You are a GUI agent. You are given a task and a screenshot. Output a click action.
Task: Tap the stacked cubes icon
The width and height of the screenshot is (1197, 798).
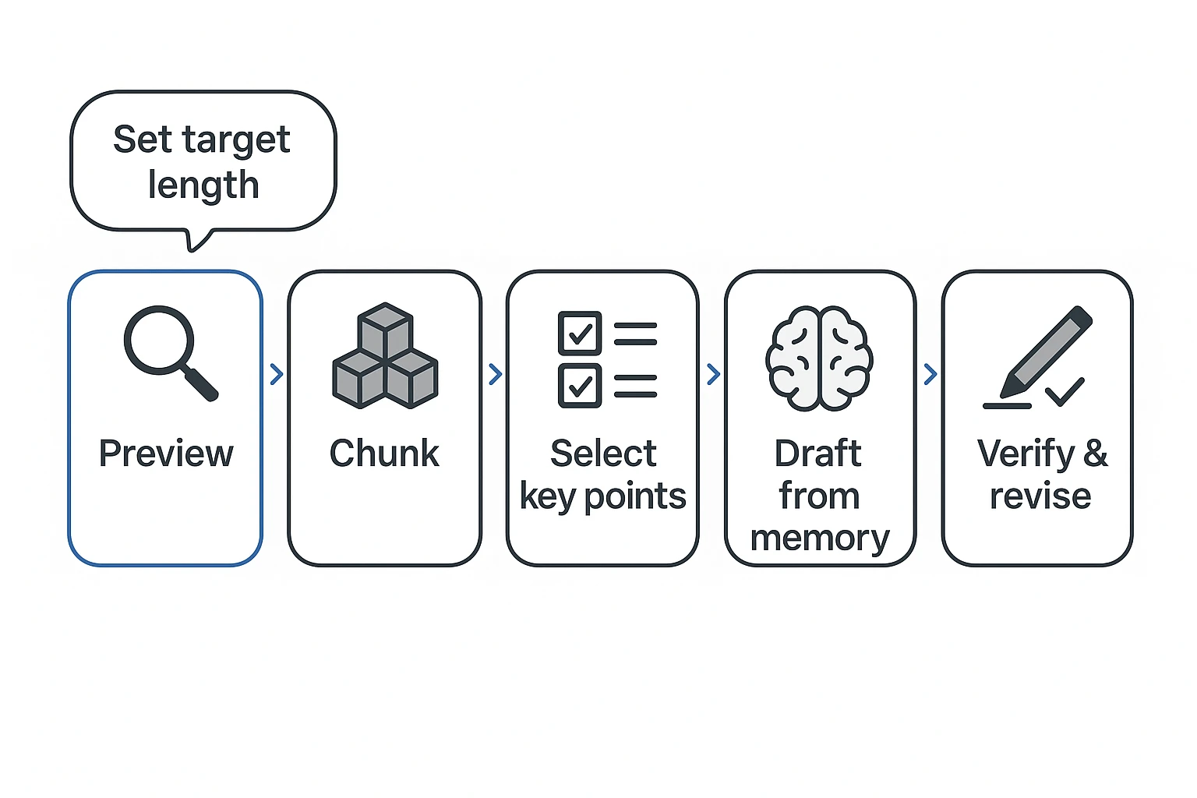[385, 357]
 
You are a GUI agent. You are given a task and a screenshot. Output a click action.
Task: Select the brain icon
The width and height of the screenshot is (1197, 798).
[819, 358]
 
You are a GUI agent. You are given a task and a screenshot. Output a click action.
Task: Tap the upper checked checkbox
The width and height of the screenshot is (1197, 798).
[579, 334]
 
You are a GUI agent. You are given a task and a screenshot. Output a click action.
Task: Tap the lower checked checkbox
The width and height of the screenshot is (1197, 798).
[579, 385]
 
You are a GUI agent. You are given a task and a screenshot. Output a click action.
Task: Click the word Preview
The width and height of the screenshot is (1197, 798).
[166, 454]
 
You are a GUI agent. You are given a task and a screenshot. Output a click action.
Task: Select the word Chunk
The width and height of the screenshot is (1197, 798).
[384, 454]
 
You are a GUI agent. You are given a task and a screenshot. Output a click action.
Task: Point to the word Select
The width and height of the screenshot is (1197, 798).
[603, 454]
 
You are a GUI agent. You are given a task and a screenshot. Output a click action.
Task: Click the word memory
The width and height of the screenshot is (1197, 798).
[820, 538]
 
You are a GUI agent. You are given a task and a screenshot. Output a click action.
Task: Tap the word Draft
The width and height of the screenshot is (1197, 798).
[818, 454]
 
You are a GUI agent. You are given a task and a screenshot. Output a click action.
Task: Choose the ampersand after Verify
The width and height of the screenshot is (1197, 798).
[1095, 453]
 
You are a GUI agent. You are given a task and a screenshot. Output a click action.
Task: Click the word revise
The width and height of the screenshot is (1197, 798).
[1040, 496]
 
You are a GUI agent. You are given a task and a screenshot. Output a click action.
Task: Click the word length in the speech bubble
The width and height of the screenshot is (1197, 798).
[203, 185]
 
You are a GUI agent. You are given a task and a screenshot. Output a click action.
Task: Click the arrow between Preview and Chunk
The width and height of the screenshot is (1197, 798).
[276, 375]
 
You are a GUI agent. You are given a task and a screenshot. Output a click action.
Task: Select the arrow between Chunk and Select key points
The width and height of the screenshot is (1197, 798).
[495, 375]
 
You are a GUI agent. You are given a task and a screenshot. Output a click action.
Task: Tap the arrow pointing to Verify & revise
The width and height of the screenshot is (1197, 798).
[930, 375]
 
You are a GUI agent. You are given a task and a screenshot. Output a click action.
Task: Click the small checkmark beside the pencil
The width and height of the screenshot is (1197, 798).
[1065, 392]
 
